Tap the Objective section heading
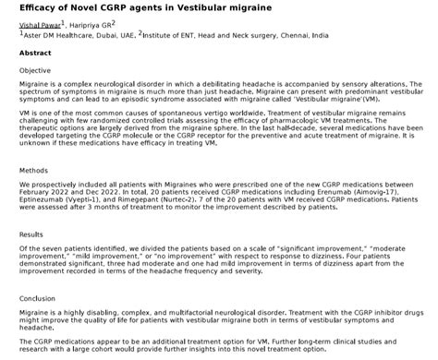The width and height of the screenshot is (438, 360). [x=35, y=70]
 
